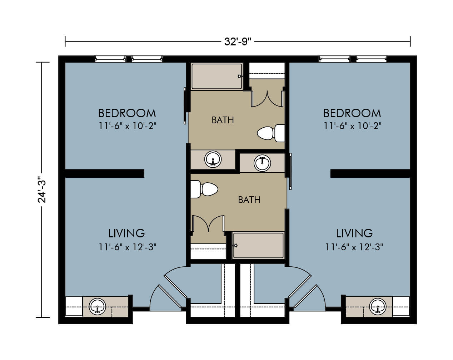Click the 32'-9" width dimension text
coord(238,42)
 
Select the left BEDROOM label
coord(127,113)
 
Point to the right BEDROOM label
coord(352,113)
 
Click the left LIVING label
coord(126,233)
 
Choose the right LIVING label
coord(354,233)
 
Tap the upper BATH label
coord(223,120)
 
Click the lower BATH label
coord(249,200)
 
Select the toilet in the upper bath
coord(271,133)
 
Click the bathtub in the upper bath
coord(217,76)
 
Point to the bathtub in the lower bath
coord(258,245)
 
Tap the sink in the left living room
coord(97,306)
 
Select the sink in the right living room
coord(378,306)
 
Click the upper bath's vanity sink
coord(213,159)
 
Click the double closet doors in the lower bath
coord(208,224)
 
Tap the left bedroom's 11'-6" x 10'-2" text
coord(127,126)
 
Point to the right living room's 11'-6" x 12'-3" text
coord(354,247)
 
